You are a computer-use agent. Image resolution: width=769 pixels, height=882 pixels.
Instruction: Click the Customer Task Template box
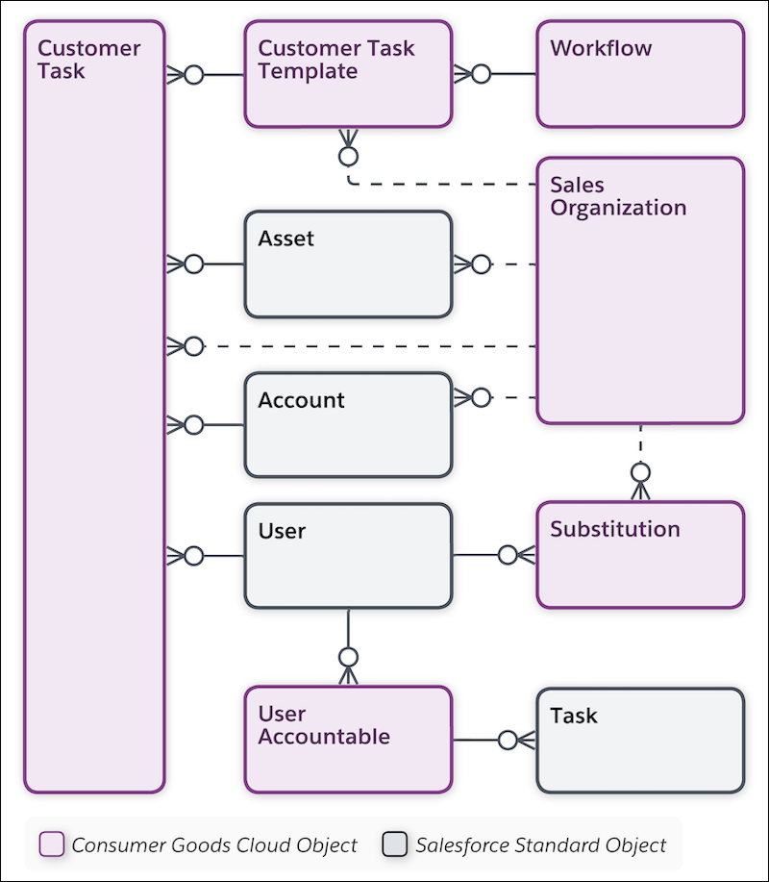348,74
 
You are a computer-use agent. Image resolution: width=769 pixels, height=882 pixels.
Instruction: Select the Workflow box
640,74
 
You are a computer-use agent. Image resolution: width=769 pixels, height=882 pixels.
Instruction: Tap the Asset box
348,265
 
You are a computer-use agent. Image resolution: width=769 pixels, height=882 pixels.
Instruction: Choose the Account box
348,425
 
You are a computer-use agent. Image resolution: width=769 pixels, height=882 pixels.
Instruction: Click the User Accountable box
348,739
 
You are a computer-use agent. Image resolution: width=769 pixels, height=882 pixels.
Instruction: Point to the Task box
640,739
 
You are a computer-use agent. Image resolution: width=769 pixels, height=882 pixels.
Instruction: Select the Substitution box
640,554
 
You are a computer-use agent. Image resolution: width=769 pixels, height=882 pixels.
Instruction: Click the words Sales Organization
617,196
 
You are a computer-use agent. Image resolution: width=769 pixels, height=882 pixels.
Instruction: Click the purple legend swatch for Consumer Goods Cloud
51,845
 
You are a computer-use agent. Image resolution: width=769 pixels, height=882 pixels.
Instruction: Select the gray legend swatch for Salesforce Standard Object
395,845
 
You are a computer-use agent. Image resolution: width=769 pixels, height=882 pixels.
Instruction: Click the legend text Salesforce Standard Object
540,845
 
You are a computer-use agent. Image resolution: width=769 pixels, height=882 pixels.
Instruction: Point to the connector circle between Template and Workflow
481,74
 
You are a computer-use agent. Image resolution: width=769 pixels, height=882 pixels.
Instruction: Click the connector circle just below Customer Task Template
348,155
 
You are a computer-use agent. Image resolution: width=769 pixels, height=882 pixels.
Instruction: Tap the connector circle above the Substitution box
640,472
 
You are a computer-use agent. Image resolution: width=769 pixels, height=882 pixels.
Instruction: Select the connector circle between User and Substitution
508,554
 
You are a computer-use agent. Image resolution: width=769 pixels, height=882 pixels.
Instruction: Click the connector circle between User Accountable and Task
508,739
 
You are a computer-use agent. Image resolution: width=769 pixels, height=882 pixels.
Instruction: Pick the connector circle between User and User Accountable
348,657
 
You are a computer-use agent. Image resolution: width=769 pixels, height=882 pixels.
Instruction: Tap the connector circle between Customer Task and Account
194,424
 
